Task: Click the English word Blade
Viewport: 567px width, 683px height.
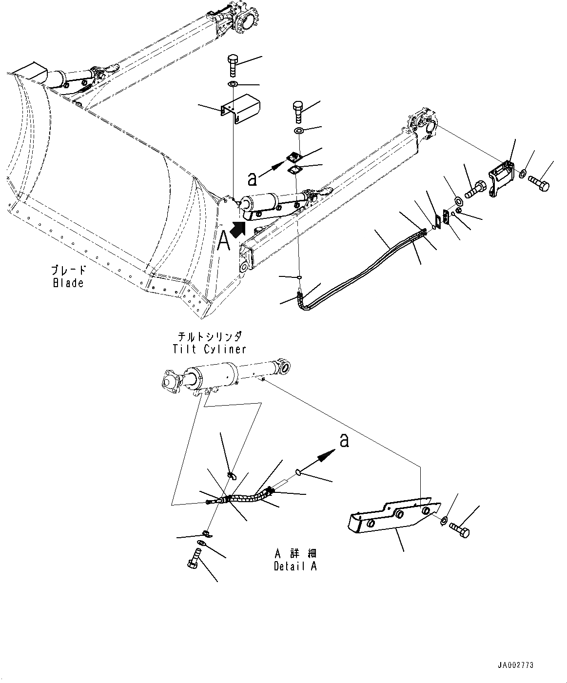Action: [x=68, y=283]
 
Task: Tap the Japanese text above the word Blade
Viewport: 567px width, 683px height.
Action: [x=69, y=270]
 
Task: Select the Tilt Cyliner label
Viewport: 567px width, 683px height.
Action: [x=209, y=349]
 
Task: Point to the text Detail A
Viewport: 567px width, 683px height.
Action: [x=295, y=566]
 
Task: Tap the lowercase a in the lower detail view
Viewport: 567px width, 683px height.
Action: [x=344, y=441]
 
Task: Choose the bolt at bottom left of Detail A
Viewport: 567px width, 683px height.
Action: [x=194, y=559]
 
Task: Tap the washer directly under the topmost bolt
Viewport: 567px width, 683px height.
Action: [x=234, y=85]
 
